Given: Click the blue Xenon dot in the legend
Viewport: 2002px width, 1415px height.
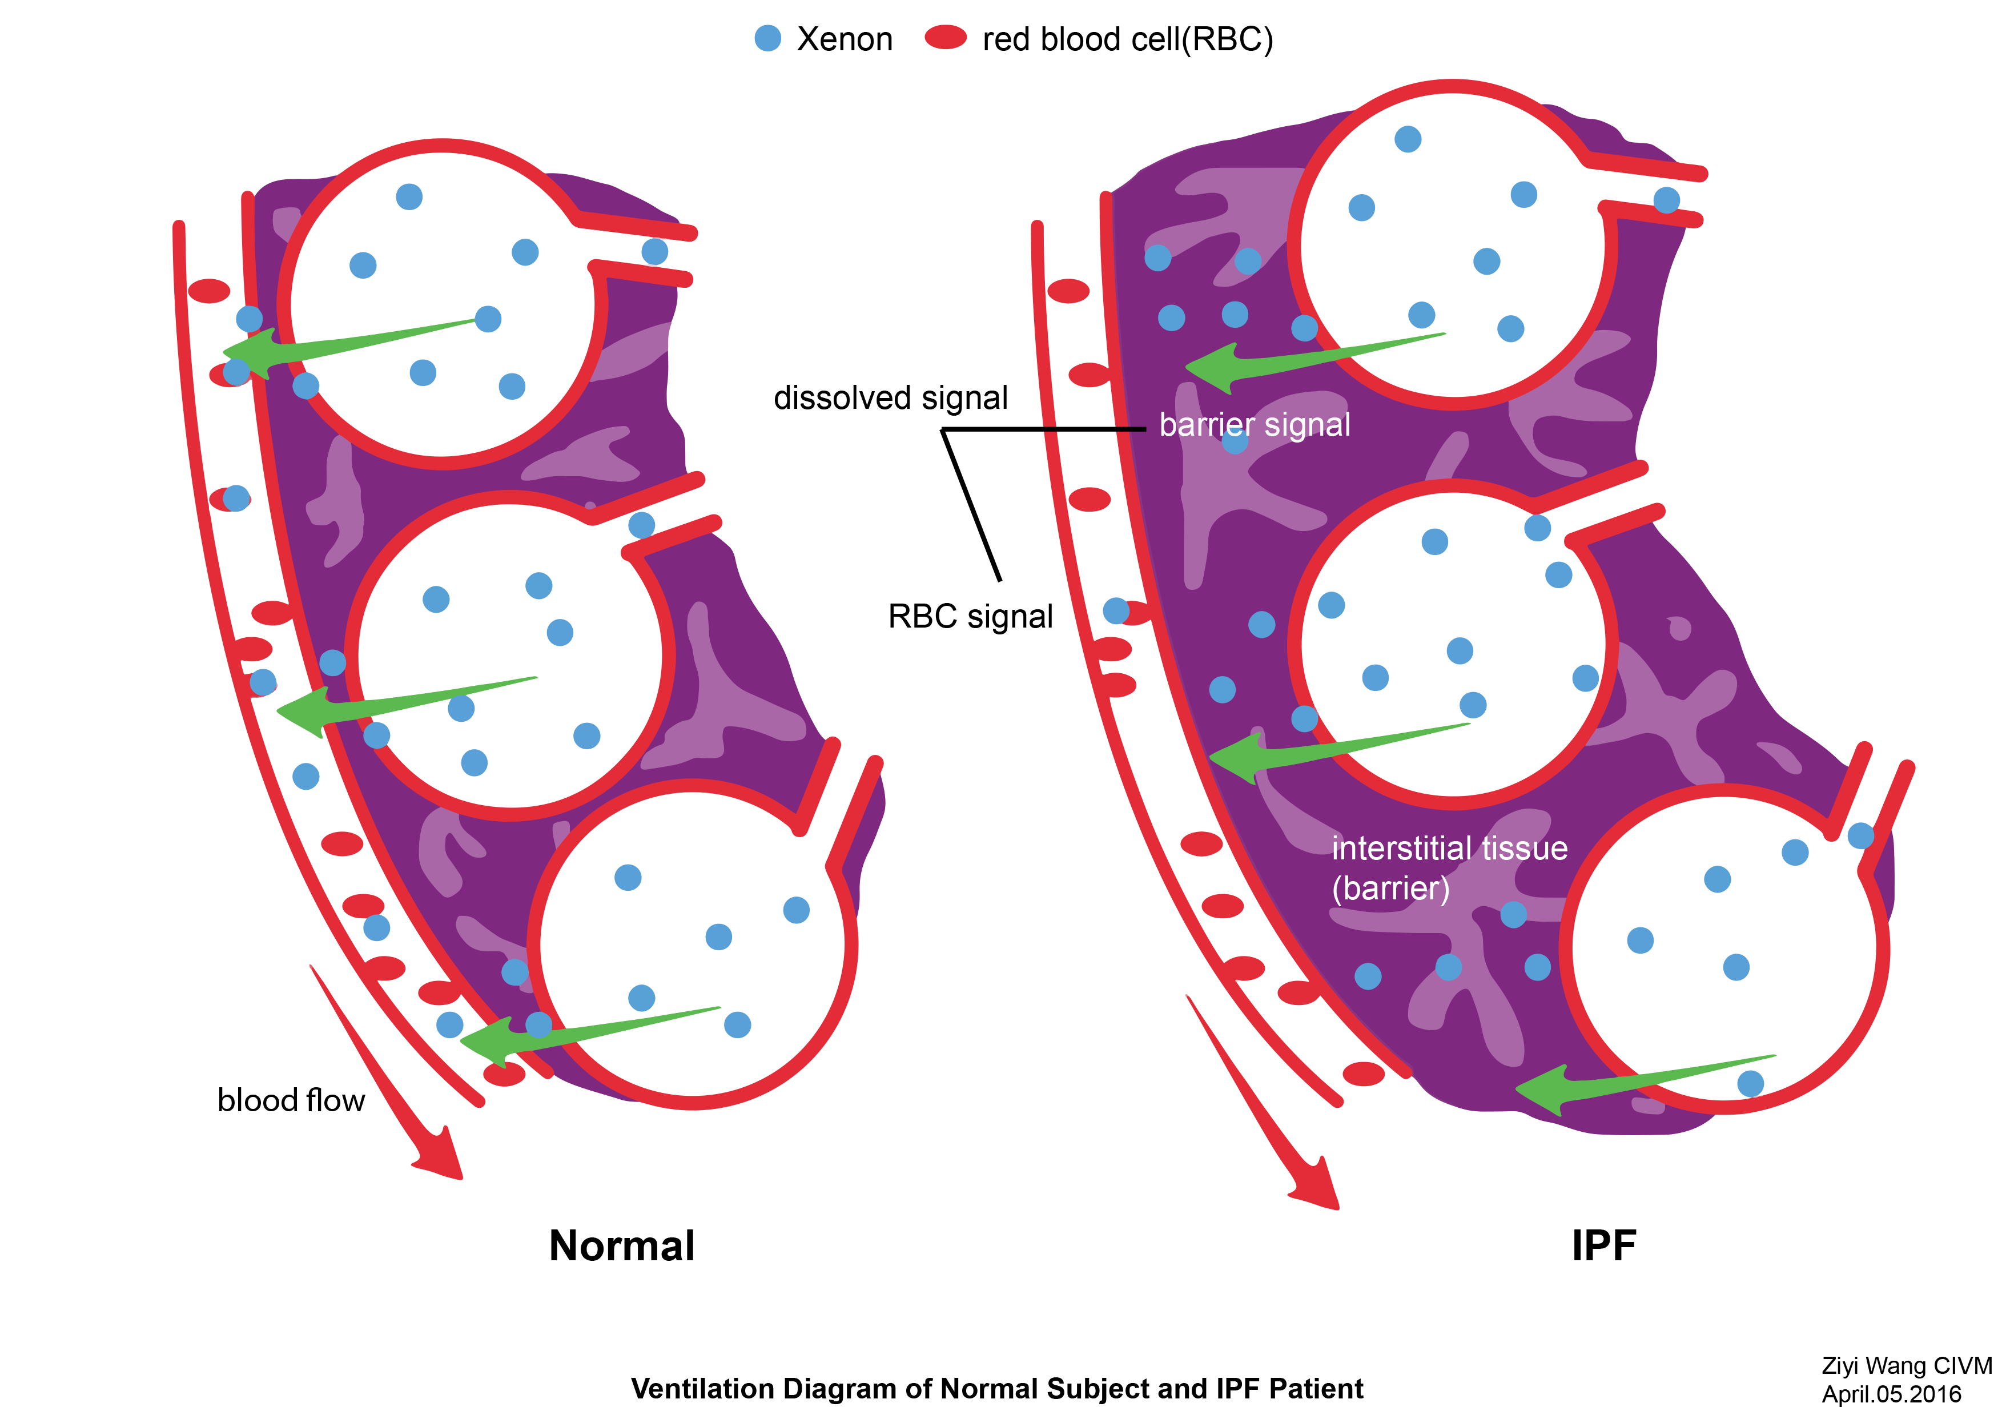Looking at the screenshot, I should pyautogui.click(x=767, y=38).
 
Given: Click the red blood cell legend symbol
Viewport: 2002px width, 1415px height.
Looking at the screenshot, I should pyautogui.click(x=945, y=38).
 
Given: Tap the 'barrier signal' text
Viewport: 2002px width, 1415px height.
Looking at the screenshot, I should pyautogui.click(x=1254, y=425).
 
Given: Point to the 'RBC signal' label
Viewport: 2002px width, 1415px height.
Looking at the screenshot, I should pyautogui.click(x=970, y=616).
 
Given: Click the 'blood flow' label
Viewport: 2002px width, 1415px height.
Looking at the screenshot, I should pyautogui.click(x=290, y=1100).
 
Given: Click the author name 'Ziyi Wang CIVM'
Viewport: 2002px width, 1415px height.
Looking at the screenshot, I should pyautogui.click(x=1906, y=1365).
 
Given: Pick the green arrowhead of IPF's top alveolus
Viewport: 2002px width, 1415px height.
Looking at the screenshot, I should pyautogui.click(x=1213, y=367).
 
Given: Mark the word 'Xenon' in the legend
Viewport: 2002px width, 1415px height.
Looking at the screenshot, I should pyautogui.click(x=844, y=39).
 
